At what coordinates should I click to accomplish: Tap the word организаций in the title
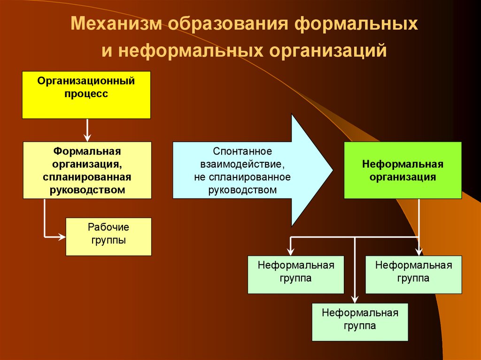[328, 51]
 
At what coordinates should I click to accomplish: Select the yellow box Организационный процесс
[86, 95]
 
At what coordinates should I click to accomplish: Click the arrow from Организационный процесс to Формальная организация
[87, 130]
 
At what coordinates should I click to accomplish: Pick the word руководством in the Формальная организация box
[87, 190]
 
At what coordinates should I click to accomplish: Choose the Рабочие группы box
[109, 237]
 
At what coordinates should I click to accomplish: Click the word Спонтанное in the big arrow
[242, 152]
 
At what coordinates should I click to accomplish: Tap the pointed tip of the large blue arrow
[332, 170]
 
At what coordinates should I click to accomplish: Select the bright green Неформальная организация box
[403, 170]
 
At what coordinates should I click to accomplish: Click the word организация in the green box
[403, 177]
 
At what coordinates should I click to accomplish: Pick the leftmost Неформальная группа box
[296, 275]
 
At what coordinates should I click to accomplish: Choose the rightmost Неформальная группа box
[413, 275]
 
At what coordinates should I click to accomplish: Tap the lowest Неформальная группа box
[360, 322]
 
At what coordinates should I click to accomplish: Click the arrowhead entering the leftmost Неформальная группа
[291, 252]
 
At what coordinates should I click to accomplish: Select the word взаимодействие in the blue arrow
[242, 165]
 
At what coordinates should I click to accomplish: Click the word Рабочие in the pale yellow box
[109, 228]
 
